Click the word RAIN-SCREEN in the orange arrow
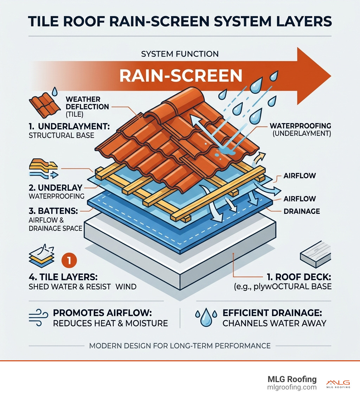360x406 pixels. [x=181, y=76]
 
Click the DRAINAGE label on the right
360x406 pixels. [x=301, y=211]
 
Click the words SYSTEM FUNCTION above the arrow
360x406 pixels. [x=180, y=54]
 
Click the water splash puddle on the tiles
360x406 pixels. [x=224, y=150]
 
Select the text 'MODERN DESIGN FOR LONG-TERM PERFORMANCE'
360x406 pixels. [x=180, y=345]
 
